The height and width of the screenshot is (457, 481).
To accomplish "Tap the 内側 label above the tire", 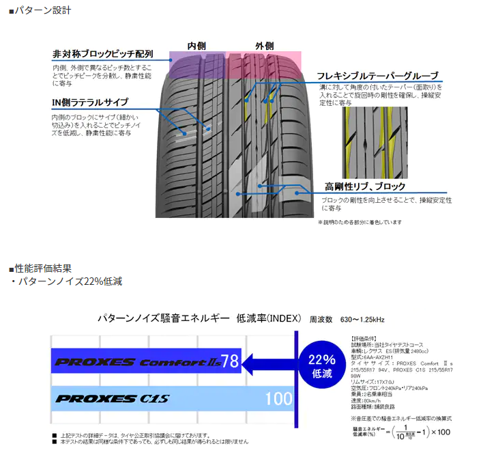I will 196,45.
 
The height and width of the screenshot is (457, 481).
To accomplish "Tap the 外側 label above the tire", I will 264,45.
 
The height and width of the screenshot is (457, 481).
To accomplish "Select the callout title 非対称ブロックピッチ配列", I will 102,55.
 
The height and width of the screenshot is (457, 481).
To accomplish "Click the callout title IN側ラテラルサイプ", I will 89,102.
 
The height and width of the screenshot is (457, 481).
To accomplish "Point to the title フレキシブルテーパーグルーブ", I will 377,75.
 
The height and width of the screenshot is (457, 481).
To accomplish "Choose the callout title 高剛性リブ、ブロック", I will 365,186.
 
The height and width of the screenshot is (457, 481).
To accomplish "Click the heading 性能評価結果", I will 42,268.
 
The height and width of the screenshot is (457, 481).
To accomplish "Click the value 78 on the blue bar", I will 230,361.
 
